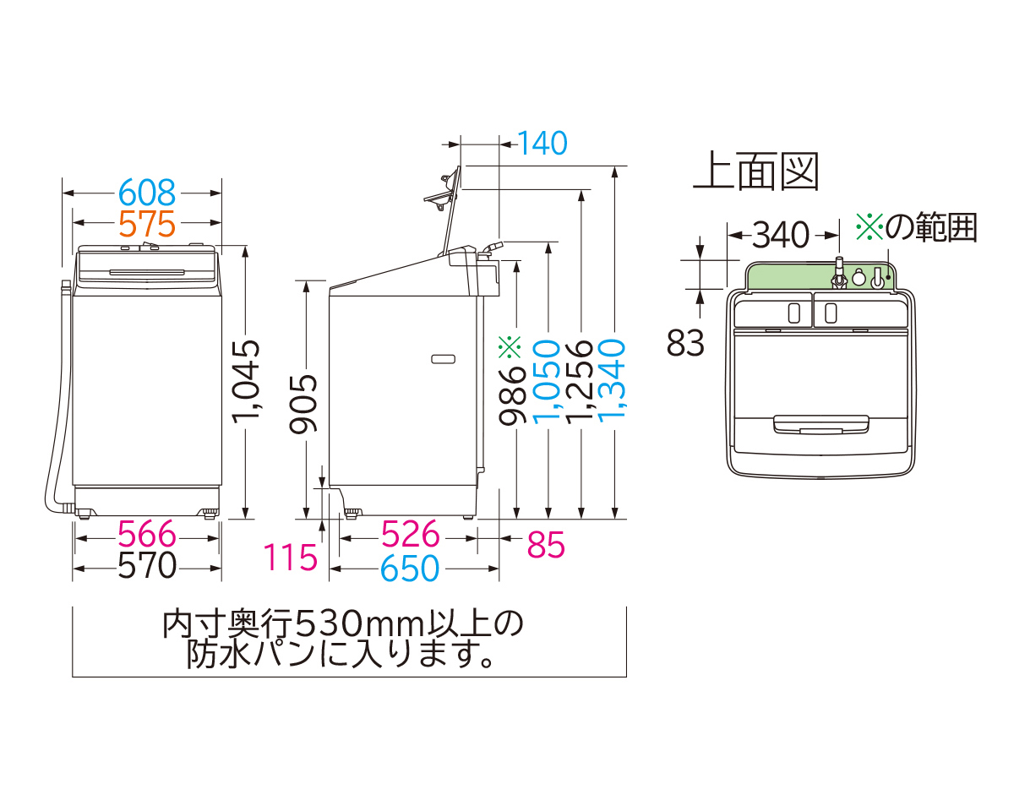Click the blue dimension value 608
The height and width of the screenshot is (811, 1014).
point(146,193)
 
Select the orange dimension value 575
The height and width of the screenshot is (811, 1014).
point(146,224)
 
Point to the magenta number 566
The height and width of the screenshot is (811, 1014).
point(146,535)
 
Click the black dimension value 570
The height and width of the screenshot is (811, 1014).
point(146,566)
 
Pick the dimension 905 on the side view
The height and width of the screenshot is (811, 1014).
point(304,404)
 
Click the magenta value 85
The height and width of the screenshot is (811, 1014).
point(545,547)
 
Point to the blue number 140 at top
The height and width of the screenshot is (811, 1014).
point(542,144)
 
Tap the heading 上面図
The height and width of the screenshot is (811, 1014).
point(755,172)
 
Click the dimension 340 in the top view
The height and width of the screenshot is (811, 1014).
point(781,234)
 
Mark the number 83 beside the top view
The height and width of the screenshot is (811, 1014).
point(685,343)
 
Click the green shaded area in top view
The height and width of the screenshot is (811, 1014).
point(786,275)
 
